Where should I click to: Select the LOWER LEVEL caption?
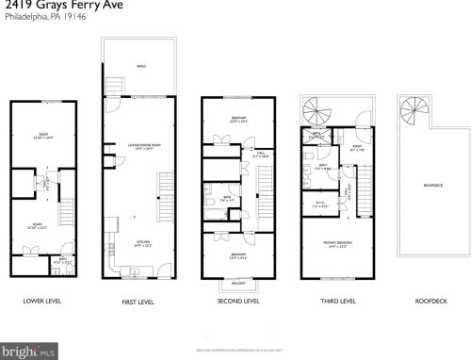coord(42,302)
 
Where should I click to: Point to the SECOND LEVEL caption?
coord(237,302)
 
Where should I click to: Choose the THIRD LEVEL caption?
coord(335,302)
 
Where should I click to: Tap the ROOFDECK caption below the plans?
coord(432,302)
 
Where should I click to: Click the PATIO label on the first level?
coord(142,67)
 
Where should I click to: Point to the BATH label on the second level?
coord(226,199)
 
